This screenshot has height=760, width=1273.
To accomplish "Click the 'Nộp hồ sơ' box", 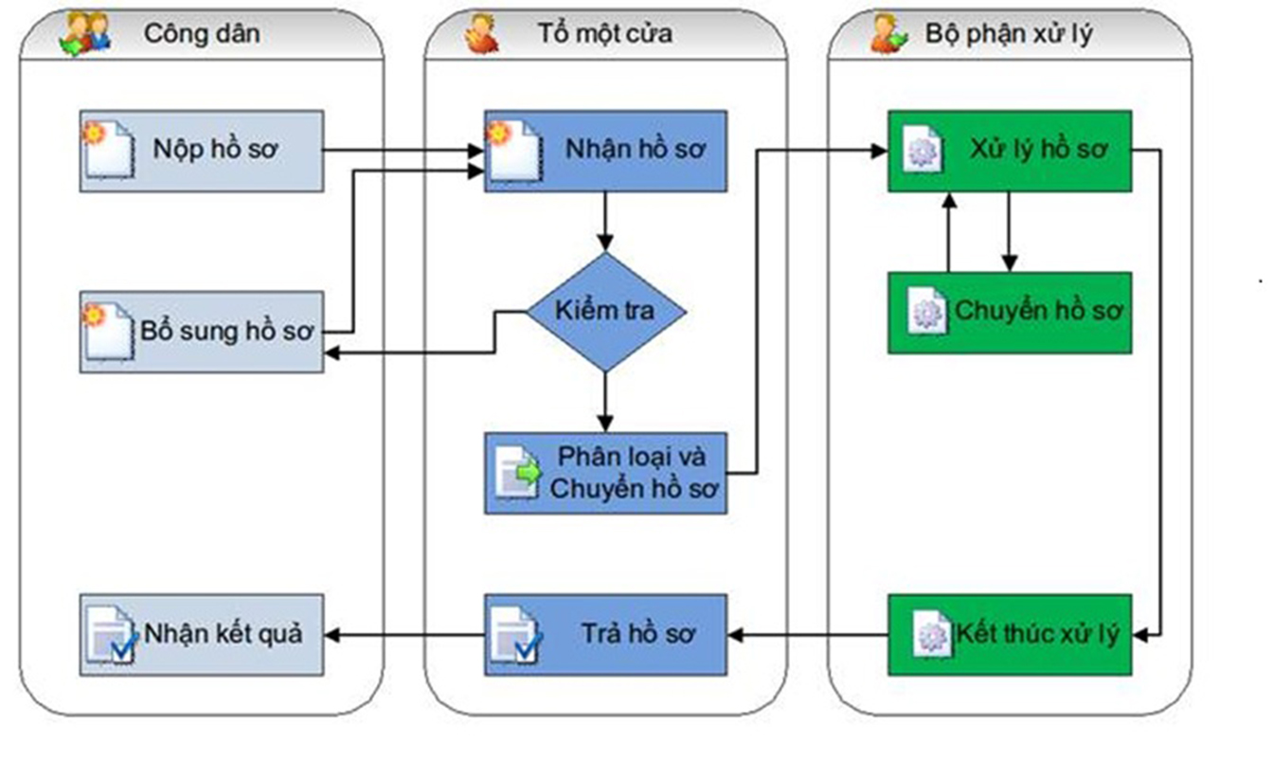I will point(201,152).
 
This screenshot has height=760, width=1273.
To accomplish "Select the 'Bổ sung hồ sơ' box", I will point(201,332).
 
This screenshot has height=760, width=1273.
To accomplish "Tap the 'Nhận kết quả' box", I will point(201,634).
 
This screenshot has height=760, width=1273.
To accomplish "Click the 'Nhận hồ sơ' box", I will point(606,152).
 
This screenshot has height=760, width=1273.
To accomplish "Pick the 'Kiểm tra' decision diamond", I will point(606,311).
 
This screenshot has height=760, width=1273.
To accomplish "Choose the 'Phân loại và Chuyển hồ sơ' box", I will point(606,474).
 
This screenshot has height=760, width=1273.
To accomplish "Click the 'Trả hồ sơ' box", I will point(606,634).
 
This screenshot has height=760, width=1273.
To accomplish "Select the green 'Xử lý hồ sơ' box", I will point(1010,152).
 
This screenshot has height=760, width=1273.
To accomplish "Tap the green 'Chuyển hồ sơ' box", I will point(1010,313).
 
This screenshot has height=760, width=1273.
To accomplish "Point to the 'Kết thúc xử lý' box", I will point(1010,634).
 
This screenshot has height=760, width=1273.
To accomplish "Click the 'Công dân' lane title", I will point(202,34).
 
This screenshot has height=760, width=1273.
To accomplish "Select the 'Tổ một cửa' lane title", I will point(606,34).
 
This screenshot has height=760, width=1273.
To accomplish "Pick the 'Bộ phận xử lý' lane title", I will point(1009,34).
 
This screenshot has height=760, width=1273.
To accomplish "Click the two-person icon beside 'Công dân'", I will point(85,34).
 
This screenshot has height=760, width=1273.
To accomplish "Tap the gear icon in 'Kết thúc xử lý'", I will point(931,635).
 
